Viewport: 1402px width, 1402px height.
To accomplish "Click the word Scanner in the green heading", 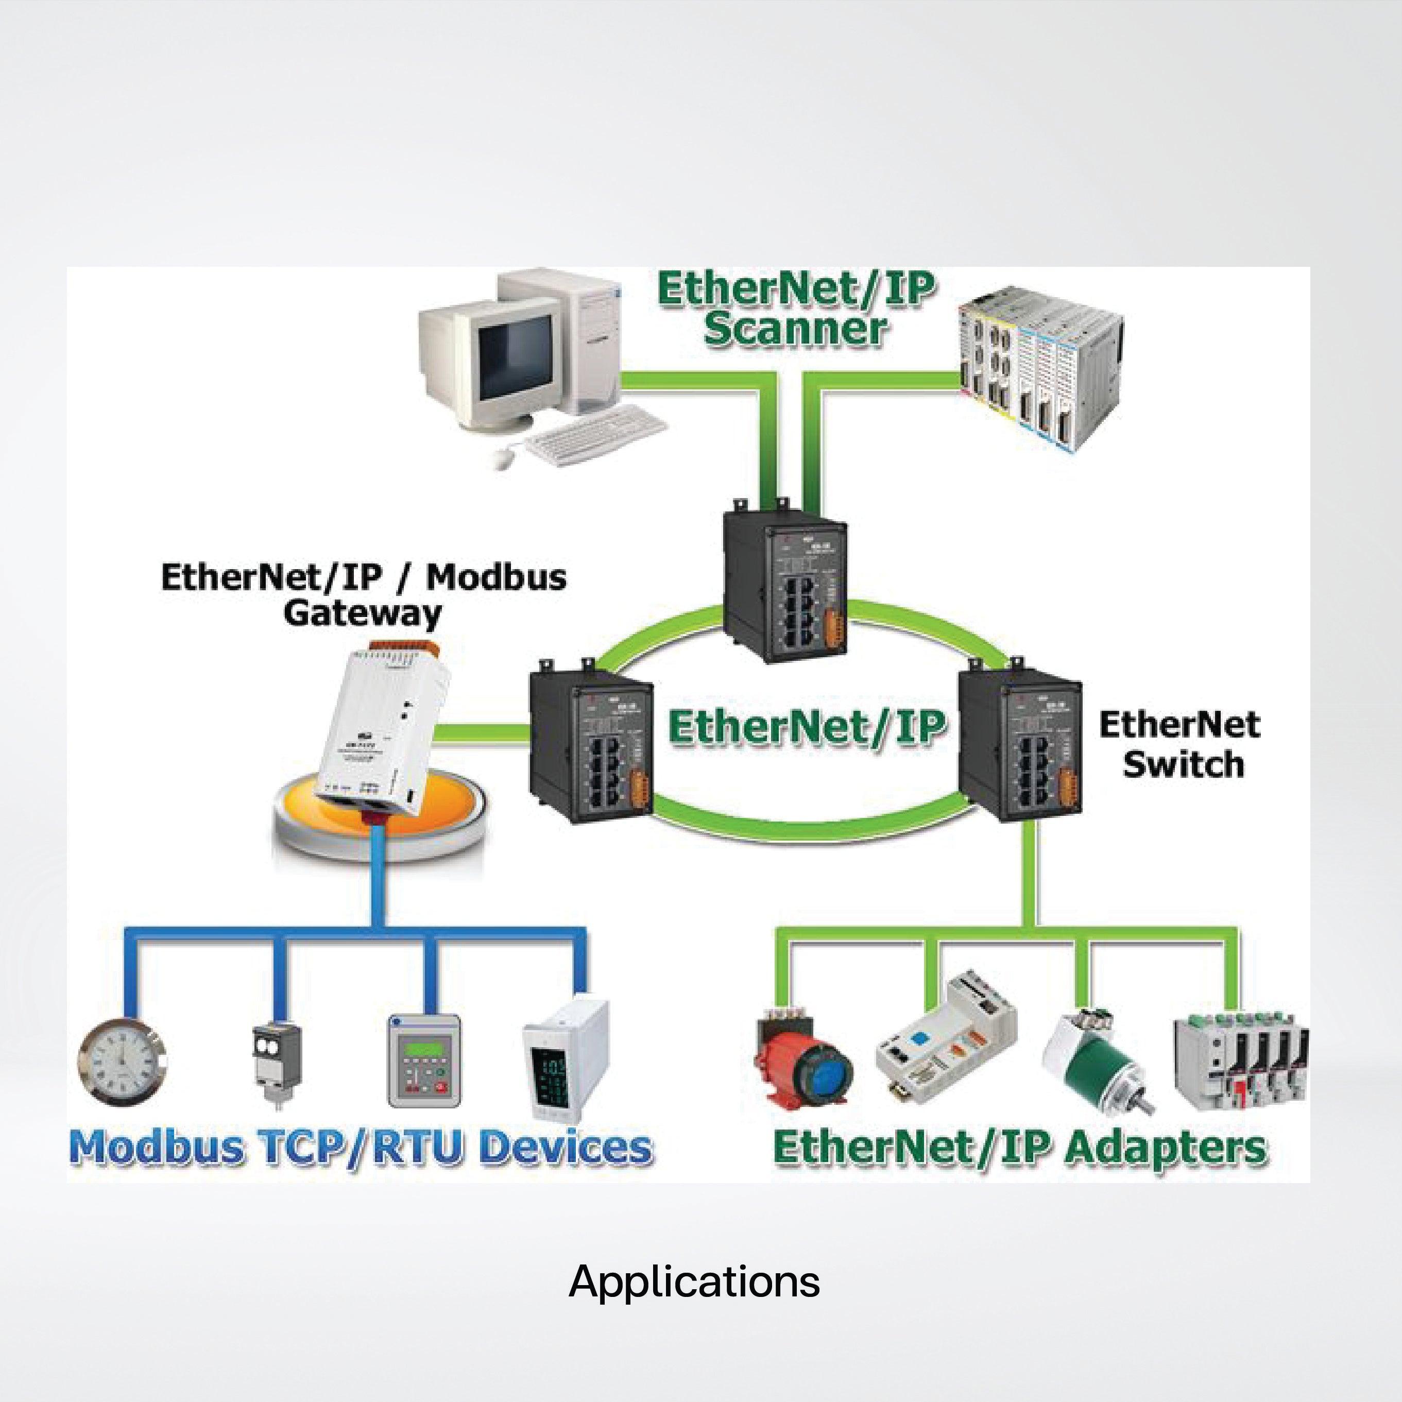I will click(795, 329).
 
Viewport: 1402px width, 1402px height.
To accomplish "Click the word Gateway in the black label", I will click(362, 613).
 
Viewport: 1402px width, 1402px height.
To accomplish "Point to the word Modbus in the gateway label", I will click(495, 577).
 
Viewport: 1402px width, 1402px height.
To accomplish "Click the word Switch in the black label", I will click(1183, 764).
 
